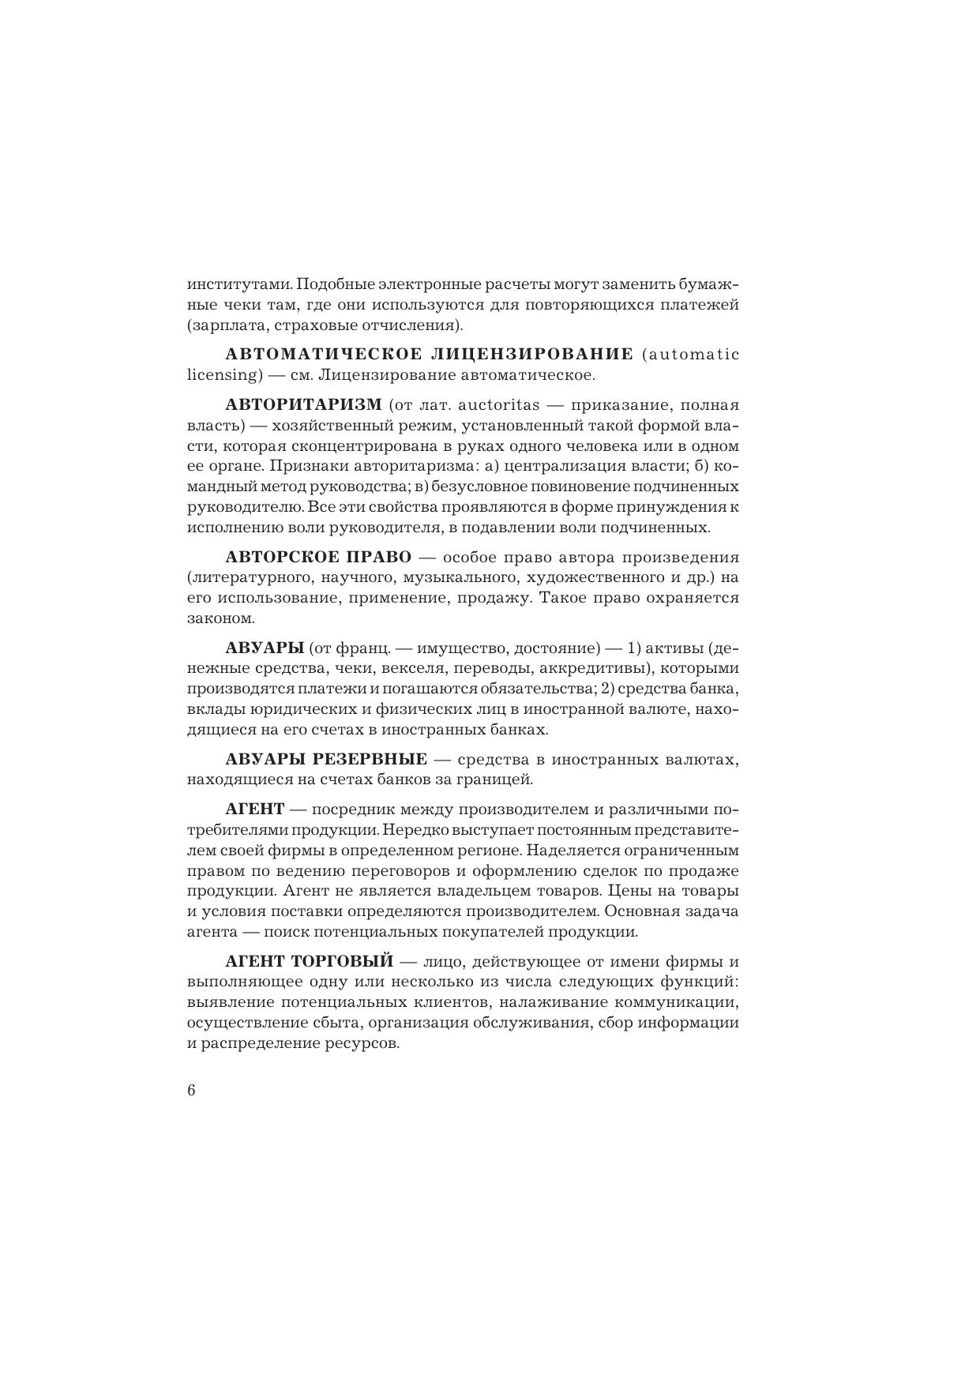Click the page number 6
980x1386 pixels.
[x=191, y=1091]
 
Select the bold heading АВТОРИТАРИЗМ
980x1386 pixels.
[x=303, y=405]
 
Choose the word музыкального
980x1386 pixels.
[x=466, y=577]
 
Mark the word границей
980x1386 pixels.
[x=495, y=780]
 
